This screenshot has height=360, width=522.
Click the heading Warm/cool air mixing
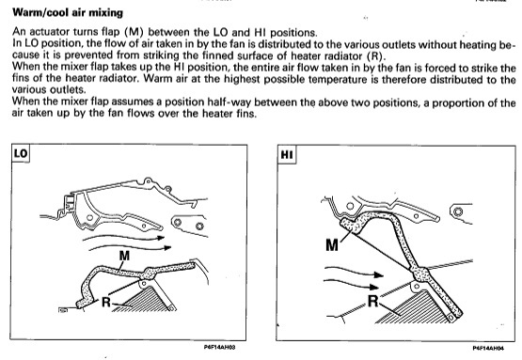(68, 12)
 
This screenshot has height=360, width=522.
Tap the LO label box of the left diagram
(21, 153)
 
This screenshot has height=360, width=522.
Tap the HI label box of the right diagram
(287, 155)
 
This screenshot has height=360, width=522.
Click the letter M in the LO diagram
(124, 256)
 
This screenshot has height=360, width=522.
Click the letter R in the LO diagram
(106, 302)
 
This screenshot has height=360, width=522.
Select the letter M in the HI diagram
(332, 245)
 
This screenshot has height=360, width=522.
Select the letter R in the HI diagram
(373, 301)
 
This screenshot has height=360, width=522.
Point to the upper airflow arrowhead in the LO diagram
(161, 238)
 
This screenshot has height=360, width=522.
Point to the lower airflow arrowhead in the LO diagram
(167, 247)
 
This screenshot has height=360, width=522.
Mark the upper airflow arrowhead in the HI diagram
(379, 274)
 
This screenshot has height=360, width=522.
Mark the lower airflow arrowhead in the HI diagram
(375, 287)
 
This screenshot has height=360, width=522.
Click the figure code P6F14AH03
(219, 347)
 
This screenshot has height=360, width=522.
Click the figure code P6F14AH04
(488, 348)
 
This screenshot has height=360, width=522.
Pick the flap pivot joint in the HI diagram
(421, 274)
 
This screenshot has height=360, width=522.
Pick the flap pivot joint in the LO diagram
(149, 274)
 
